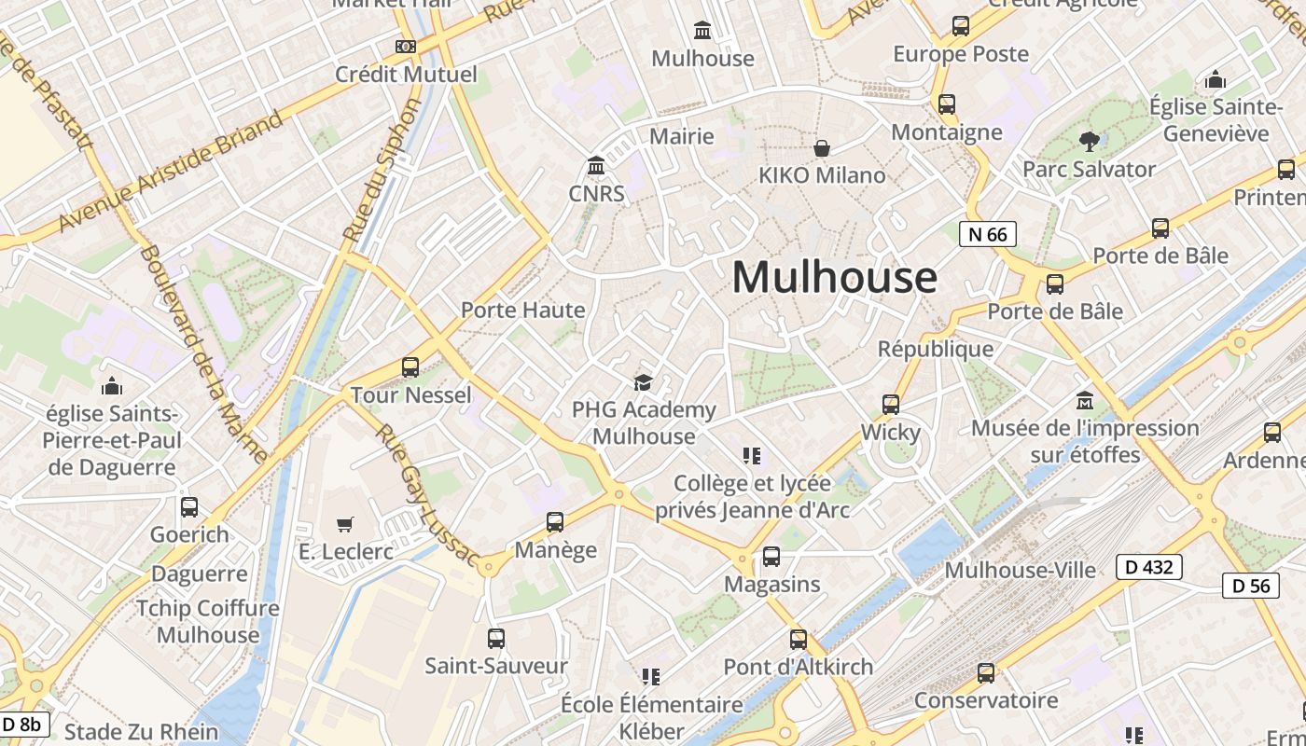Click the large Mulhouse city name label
[834, 278]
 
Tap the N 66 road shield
[988, 234]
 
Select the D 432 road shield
[1149, 566]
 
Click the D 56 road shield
[1250, 586]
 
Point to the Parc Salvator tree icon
[1089, 142]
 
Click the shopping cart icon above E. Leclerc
[345, 524]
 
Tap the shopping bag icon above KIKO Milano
[822, 148]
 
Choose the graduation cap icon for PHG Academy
[643, 382]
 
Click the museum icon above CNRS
[596, 166]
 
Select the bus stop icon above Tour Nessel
[410, 367]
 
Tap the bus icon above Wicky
[891, 405]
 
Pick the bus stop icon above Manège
[555, 522]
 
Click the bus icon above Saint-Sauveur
[496, 639]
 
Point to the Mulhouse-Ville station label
[1021, 570]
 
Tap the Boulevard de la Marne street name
[204, 354]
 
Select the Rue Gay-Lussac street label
[425, 495]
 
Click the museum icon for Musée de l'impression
[1085, 401]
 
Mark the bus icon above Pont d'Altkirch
[799, 640]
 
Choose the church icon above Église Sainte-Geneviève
[1216, 80]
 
